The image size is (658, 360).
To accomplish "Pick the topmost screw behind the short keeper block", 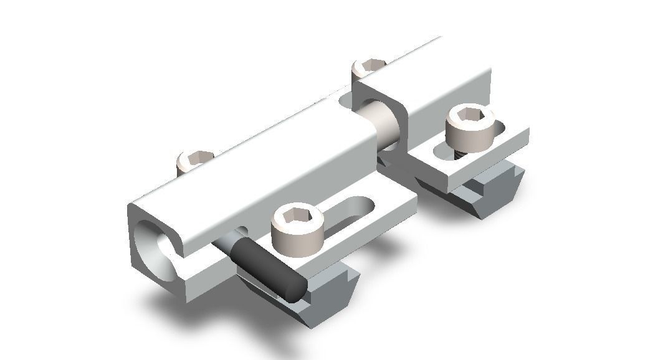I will [369, 67].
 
